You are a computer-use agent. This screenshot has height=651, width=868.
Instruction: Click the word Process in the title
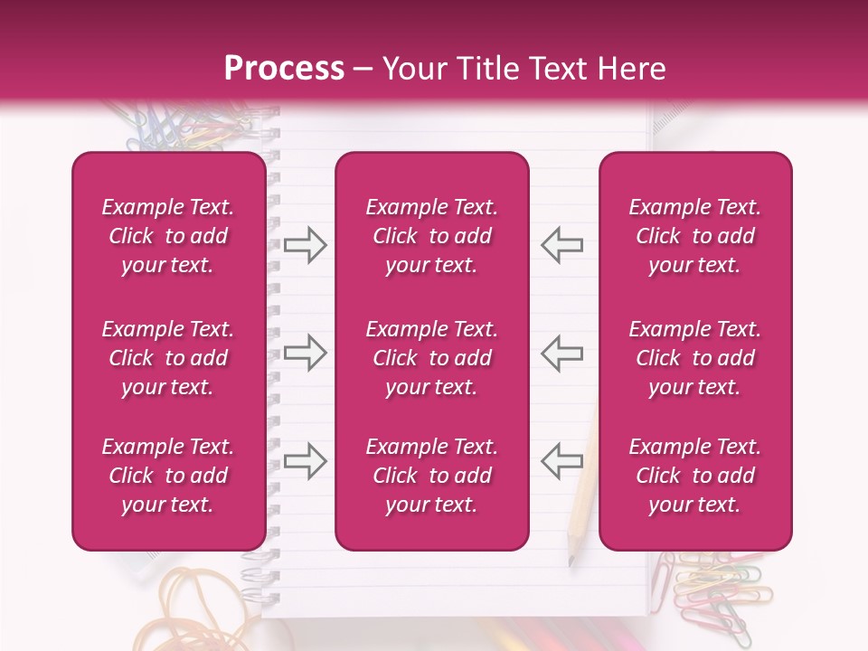click(x=284, y=69)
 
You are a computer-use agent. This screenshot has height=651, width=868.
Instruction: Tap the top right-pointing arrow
click(x=305, y=245)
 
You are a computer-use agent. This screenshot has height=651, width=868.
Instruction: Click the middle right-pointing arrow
click(x=305, y=353)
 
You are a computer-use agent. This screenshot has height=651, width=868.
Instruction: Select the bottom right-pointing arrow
click(x=305, y=461)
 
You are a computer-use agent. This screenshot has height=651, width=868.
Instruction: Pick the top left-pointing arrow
click(x=561, y=245)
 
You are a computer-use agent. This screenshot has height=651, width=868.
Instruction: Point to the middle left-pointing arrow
click(x=561, y=353)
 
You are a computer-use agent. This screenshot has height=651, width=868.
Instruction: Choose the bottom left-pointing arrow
click(x=561, y=461)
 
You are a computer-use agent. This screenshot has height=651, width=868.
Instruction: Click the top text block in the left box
click(x=168, y=236)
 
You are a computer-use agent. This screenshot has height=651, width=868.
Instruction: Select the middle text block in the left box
click(x=168, y=358)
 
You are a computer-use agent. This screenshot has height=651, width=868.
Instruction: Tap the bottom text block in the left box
click(x=168, y=476)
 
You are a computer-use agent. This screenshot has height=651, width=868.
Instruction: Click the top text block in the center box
click(x=431, y=236)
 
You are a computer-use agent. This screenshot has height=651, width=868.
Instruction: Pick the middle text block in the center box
click(x=431, y=358)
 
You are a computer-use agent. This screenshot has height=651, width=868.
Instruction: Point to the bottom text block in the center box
click(x=431, y=476)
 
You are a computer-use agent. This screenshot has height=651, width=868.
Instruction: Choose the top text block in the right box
click(x=694, y=236)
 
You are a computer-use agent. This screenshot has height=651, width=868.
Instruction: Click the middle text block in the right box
click(x=694, y=358)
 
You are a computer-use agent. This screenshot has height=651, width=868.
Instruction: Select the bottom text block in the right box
click(x=694, y=476)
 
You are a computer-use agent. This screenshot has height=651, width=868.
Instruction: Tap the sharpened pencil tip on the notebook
click(x=571, y=561)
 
